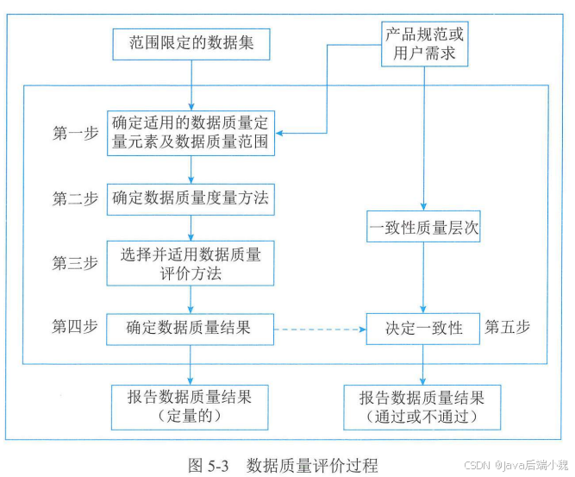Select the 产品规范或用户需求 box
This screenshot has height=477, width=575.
point(423,44)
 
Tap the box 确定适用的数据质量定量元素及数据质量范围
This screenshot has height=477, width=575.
point(191,133)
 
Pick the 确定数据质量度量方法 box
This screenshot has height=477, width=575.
point(191,198)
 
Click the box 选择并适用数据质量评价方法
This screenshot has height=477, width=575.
point(191,263)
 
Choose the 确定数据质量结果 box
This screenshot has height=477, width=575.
point(191,328)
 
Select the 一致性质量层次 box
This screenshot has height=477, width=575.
point(423,229)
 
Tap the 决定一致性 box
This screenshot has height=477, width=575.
point(423,328)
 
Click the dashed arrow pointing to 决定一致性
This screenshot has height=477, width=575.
point(320,329)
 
